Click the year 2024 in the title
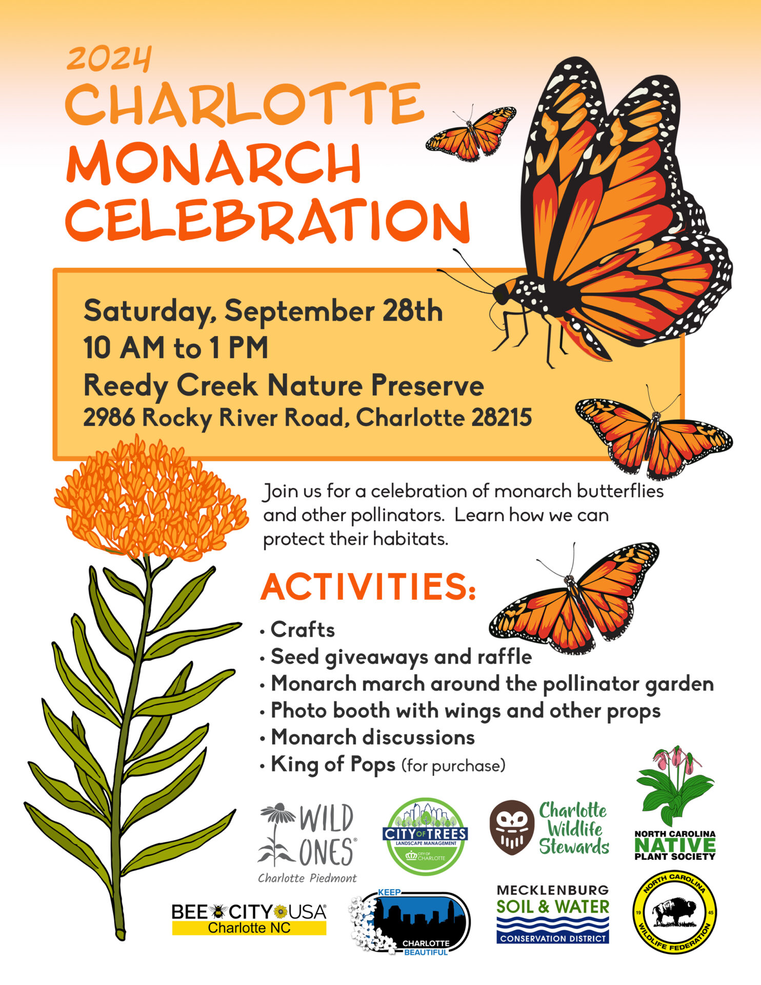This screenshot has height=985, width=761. click(x=109, y=59)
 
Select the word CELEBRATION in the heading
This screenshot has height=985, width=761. click(x=268, y=221)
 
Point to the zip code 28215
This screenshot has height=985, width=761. click(x=502, y=417)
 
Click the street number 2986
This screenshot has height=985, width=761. click(x=109, y=417)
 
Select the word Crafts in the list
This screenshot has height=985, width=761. click(x=303, y=629)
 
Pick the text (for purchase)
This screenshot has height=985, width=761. click(x=454, y=766)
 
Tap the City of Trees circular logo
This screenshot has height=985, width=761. click(x=425, y=837)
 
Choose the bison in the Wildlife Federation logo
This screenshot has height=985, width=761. click(x=675, y=912)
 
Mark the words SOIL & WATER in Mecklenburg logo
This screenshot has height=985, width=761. click(x=553, y=907)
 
